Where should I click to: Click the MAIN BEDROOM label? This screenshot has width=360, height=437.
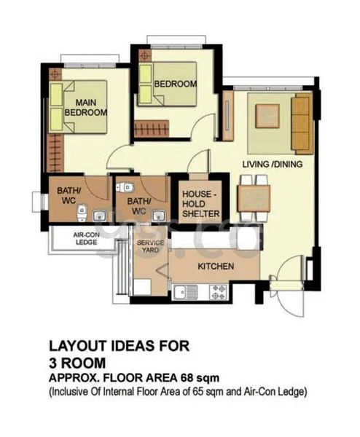click(x=86, y=107)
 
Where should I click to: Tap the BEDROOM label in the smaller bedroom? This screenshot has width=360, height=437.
click(x=175, y=84)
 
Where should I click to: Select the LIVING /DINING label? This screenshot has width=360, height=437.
click(x=271, y=165)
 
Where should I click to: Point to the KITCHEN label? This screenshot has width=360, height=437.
click(x=216, y=267)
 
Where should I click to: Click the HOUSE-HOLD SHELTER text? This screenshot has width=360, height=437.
click(x=200, y=203)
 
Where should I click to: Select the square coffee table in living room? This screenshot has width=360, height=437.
click(x=266, y=116)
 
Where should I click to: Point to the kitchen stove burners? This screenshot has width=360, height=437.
click(x=219, y=292)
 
